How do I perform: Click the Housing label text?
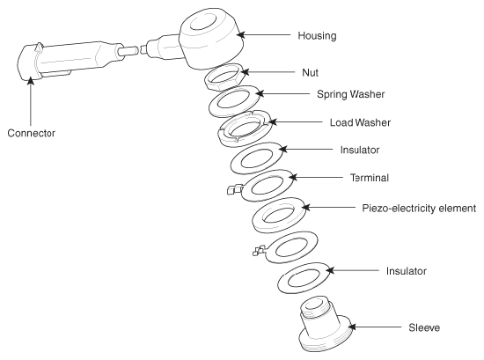coord(317,35)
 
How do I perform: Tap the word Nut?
coord(311,72)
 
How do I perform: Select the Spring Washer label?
coord(350,94)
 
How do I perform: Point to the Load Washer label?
coord(360,122)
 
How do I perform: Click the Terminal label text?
coord(370,178)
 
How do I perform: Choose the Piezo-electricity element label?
coord(419,208)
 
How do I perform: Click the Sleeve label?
coord(424,327)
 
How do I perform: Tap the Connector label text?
coord(31,133)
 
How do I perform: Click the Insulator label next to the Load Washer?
coord(360,150)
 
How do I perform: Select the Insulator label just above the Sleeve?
coord(407,271)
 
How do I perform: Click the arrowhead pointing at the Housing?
coord(241,34)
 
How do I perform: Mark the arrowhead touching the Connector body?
coord(30,81)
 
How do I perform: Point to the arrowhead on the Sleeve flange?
coord(352,327)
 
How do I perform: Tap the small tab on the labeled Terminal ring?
coord(233,189)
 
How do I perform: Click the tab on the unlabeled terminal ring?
coord(259,250)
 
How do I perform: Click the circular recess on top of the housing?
coord(203,22)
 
